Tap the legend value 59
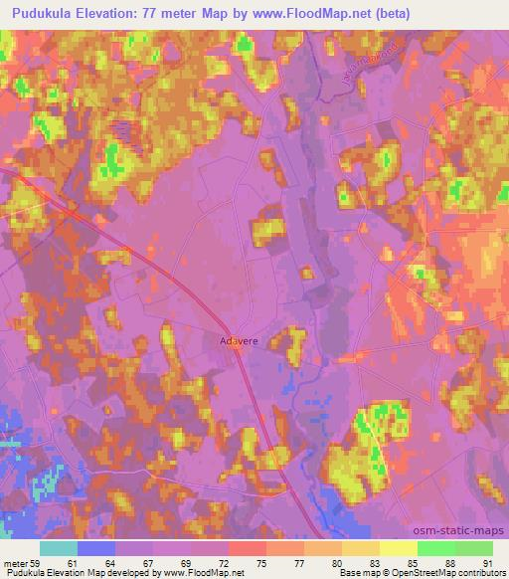pos(37,563)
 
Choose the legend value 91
pos(487,563)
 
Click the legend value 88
pos(452,563)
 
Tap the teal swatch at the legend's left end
pos(58,548)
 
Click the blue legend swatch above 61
pos(95,548)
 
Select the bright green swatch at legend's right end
pos(474,548)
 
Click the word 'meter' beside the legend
pos(14,563)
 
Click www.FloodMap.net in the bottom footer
pos(206,573)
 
